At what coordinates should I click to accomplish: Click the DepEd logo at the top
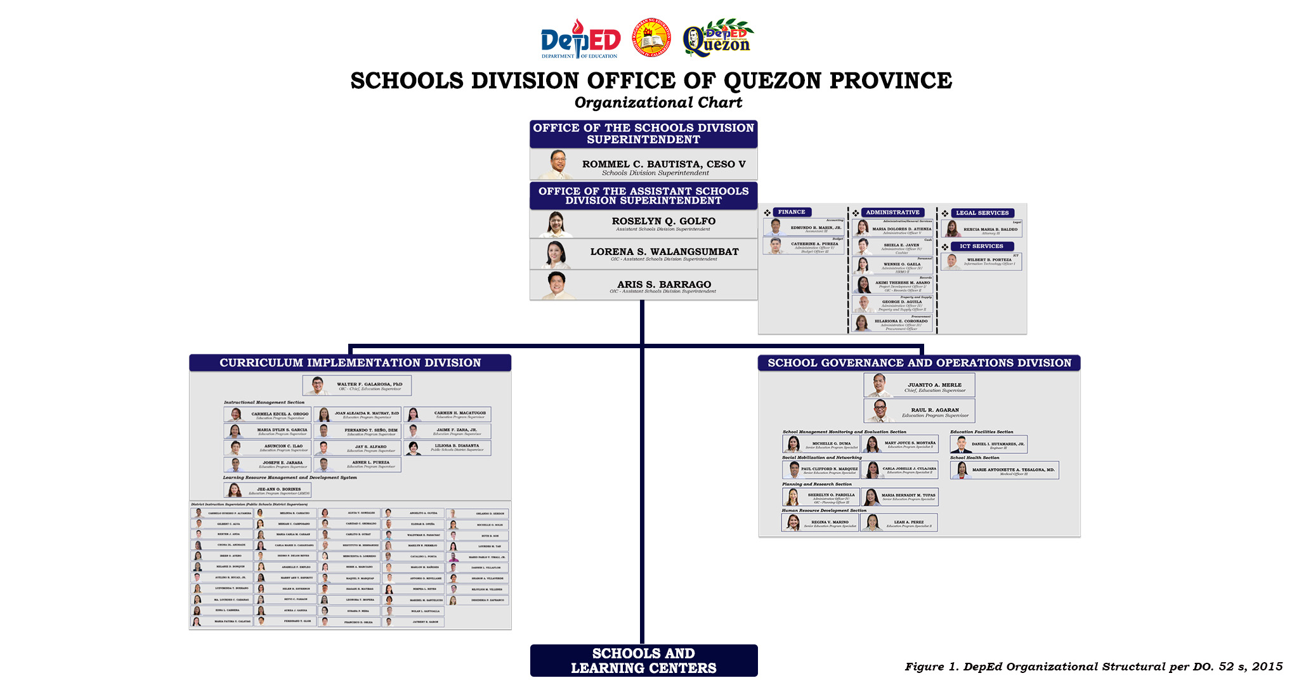[x=580, y=39]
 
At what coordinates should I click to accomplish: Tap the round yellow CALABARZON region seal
[x=651, y=37]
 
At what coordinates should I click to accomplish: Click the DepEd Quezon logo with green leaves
[x=717, y=38]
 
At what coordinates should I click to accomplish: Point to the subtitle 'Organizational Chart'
[x=658, y=103]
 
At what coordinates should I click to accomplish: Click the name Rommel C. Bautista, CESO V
[x=663, y=164]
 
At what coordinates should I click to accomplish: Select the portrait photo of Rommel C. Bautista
[x=558, y=165]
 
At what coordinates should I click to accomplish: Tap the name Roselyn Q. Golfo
[x=663, y=221]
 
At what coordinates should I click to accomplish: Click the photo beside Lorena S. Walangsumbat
[x=556, y=254]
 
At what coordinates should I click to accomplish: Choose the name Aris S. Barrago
[x=664, y=285]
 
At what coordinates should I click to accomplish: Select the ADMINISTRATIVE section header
[x=892, y=212]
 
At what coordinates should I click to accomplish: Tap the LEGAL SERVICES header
[x=982, y=213]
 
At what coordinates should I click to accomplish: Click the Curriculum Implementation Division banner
[x=350, y=363]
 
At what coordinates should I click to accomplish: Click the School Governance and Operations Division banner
[x=919, y=363]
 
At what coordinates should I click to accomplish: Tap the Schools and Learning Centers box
[x=644, y=660]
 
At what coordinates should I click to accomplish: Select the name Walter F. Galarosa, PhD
[x=369, y=384]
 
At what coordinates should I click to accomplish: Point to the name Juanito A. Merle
[x=934, y=385]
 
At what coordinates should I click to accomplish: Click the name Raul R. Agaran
[x=934, y=410]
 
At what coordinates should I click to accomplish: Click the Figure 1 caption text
[x=1093, y=667]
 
